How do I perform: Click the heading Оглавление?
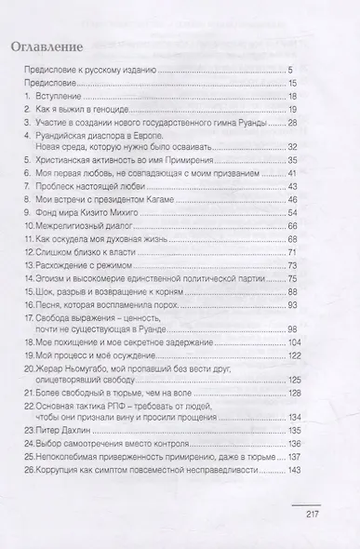coord(54,45)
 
